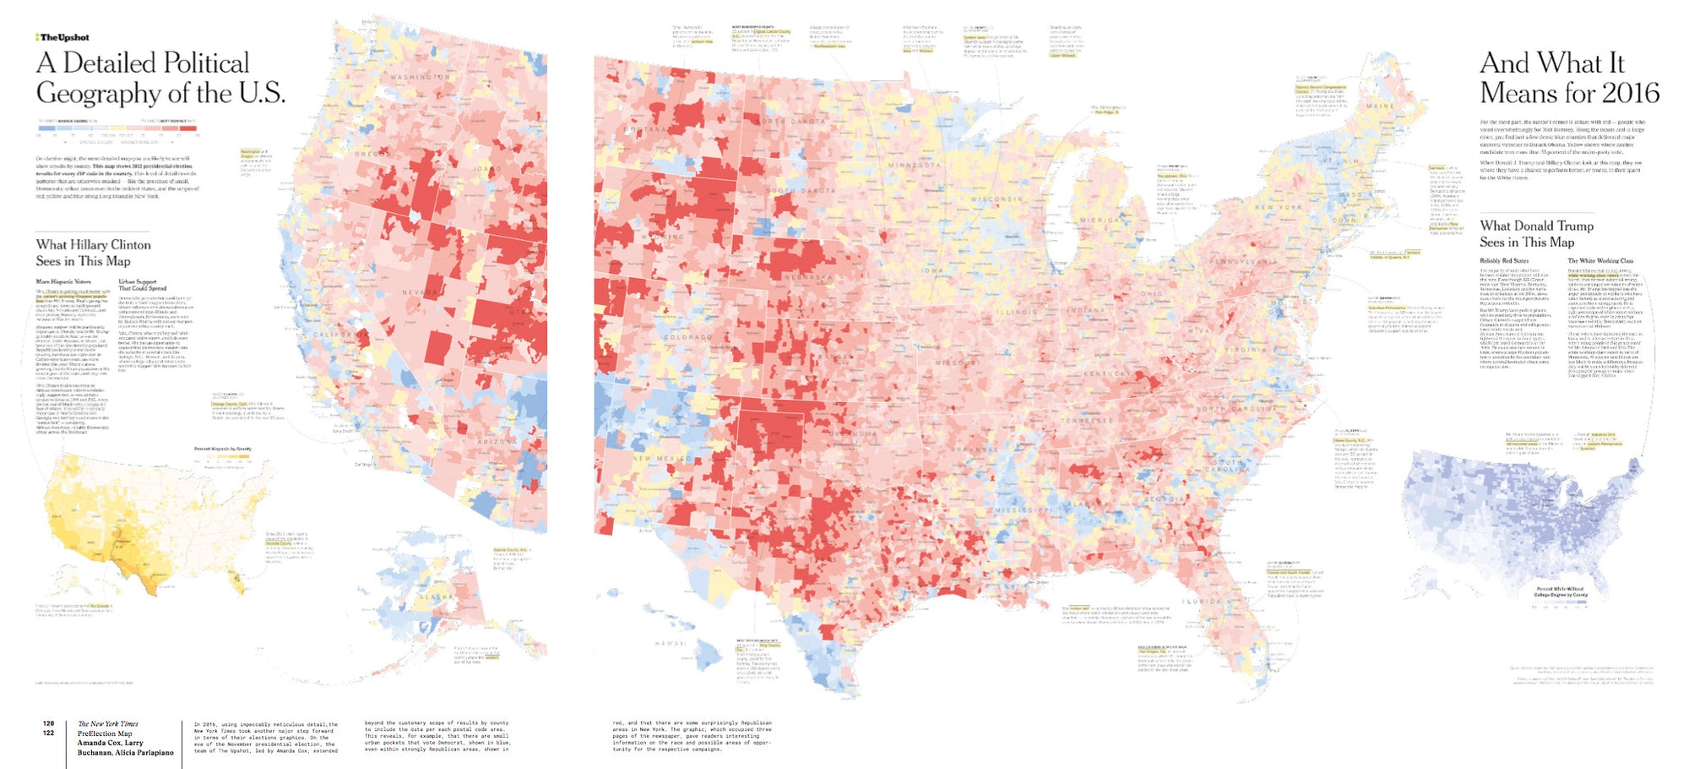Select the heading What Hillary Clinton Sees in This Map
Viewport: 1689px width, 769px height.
coord(93,253)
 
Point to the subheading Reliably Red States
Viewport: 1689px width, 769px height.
coord(1503,261)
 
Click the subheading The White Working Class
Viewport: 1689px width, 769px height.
coord(1599,261)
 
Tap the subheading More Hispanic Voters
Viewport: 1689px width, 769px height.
coord(63,281)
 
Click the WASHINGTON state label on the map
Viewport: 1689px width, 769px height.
coord(421,77)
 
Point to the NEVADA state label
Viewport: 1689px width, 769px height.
coord(421,292)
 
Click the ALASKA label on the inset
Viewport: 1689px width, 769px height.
coord(437,597)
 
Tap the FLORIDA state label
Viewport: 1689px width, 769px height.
coord(1201,602)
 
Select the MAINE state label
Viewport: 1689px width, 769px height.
coord(1380,106)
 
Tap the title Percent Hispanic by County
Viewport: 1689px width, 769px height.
coord(223,449)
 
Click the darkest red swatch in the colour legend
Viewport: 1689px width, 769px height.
coord(197,134)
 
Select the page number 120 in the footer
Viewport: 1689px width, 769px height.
coord(49,723)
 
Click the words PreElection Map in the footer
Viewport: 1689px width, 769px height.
coord(105,734)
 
